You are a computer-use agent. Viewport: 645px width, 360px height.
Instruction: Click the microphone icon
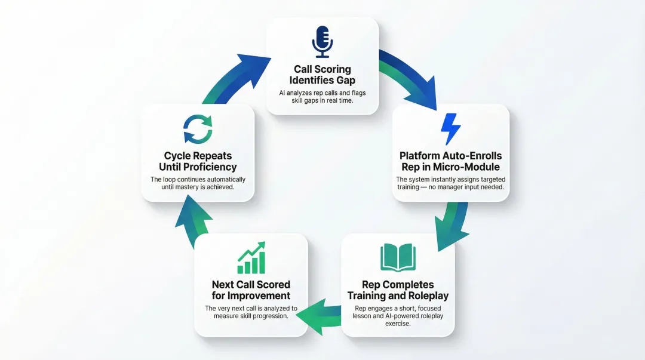coord(322,41)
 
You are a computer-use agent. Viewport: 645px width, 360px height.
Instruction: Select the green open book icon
coord(398,257)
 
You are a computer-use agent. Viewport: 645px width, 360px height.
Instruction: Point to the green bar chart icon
coord(251,258)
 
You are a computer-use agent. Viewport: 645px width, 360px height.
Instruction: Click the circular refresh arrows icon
coord(198,130)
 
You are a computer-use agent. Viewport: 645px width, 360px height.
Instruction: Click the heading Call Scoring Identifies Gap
coord(322,75)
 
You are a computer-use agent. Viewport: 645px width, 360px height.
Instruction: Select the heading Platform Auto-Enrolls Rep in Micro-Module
coord(451,161)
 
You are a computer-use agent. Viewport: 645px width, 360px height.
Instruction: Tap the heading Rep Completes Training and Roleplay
coord(398,290)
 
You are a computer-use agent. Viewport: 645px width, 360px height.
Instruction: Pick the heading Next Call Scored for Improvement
coord(251,290)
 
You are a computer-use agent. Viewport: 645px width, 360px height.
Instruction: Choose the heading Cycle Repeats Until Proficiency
coord(198,161)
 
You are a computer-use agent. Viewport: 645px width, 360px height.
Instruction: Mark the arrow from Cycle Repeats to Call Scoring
coord(233,78)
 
